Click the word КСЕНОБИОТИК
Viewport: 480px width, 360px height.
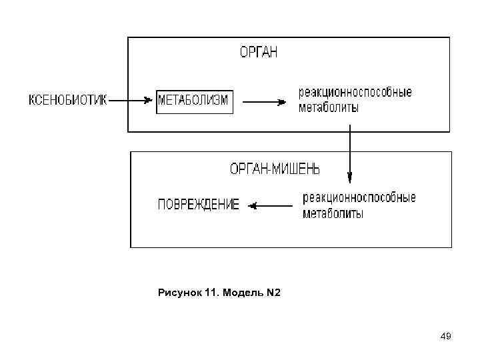67,101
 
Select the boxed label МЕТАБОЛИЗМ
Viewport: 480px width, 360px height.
194,101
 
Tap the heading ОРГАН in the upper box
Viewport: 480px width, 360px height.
258,52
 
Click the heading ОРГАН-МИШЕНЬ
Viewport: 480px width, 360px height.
275,170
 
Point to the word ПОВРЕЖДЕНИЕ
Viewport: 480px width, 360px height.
198,205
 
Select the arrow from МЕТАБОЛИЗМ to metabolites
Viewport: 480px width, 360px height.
265,102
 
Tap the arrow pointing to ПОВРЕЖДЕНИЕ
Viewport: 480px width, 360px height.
271,206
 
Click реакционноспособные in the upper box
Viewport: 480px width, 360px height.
355,92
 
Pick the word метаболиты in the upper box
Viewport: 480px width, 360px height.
328,107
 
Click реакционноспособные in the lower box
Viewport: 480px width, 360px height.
359,198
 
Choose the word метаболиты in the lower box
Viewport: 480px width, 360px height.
333,213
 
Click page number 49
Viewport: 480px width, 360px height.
445,337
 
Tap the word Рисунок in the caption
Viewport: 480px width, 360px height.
178,292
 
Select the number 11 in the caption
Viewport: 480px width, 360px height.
209,292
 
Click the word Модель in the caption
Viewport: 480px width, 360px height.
241,292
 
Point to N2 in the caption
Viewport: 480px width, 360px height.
273,292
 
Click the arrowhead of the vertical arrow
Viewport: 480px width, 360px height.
349,178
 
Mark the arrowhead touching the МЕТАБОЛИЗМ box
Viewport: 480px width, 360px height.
150,101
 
